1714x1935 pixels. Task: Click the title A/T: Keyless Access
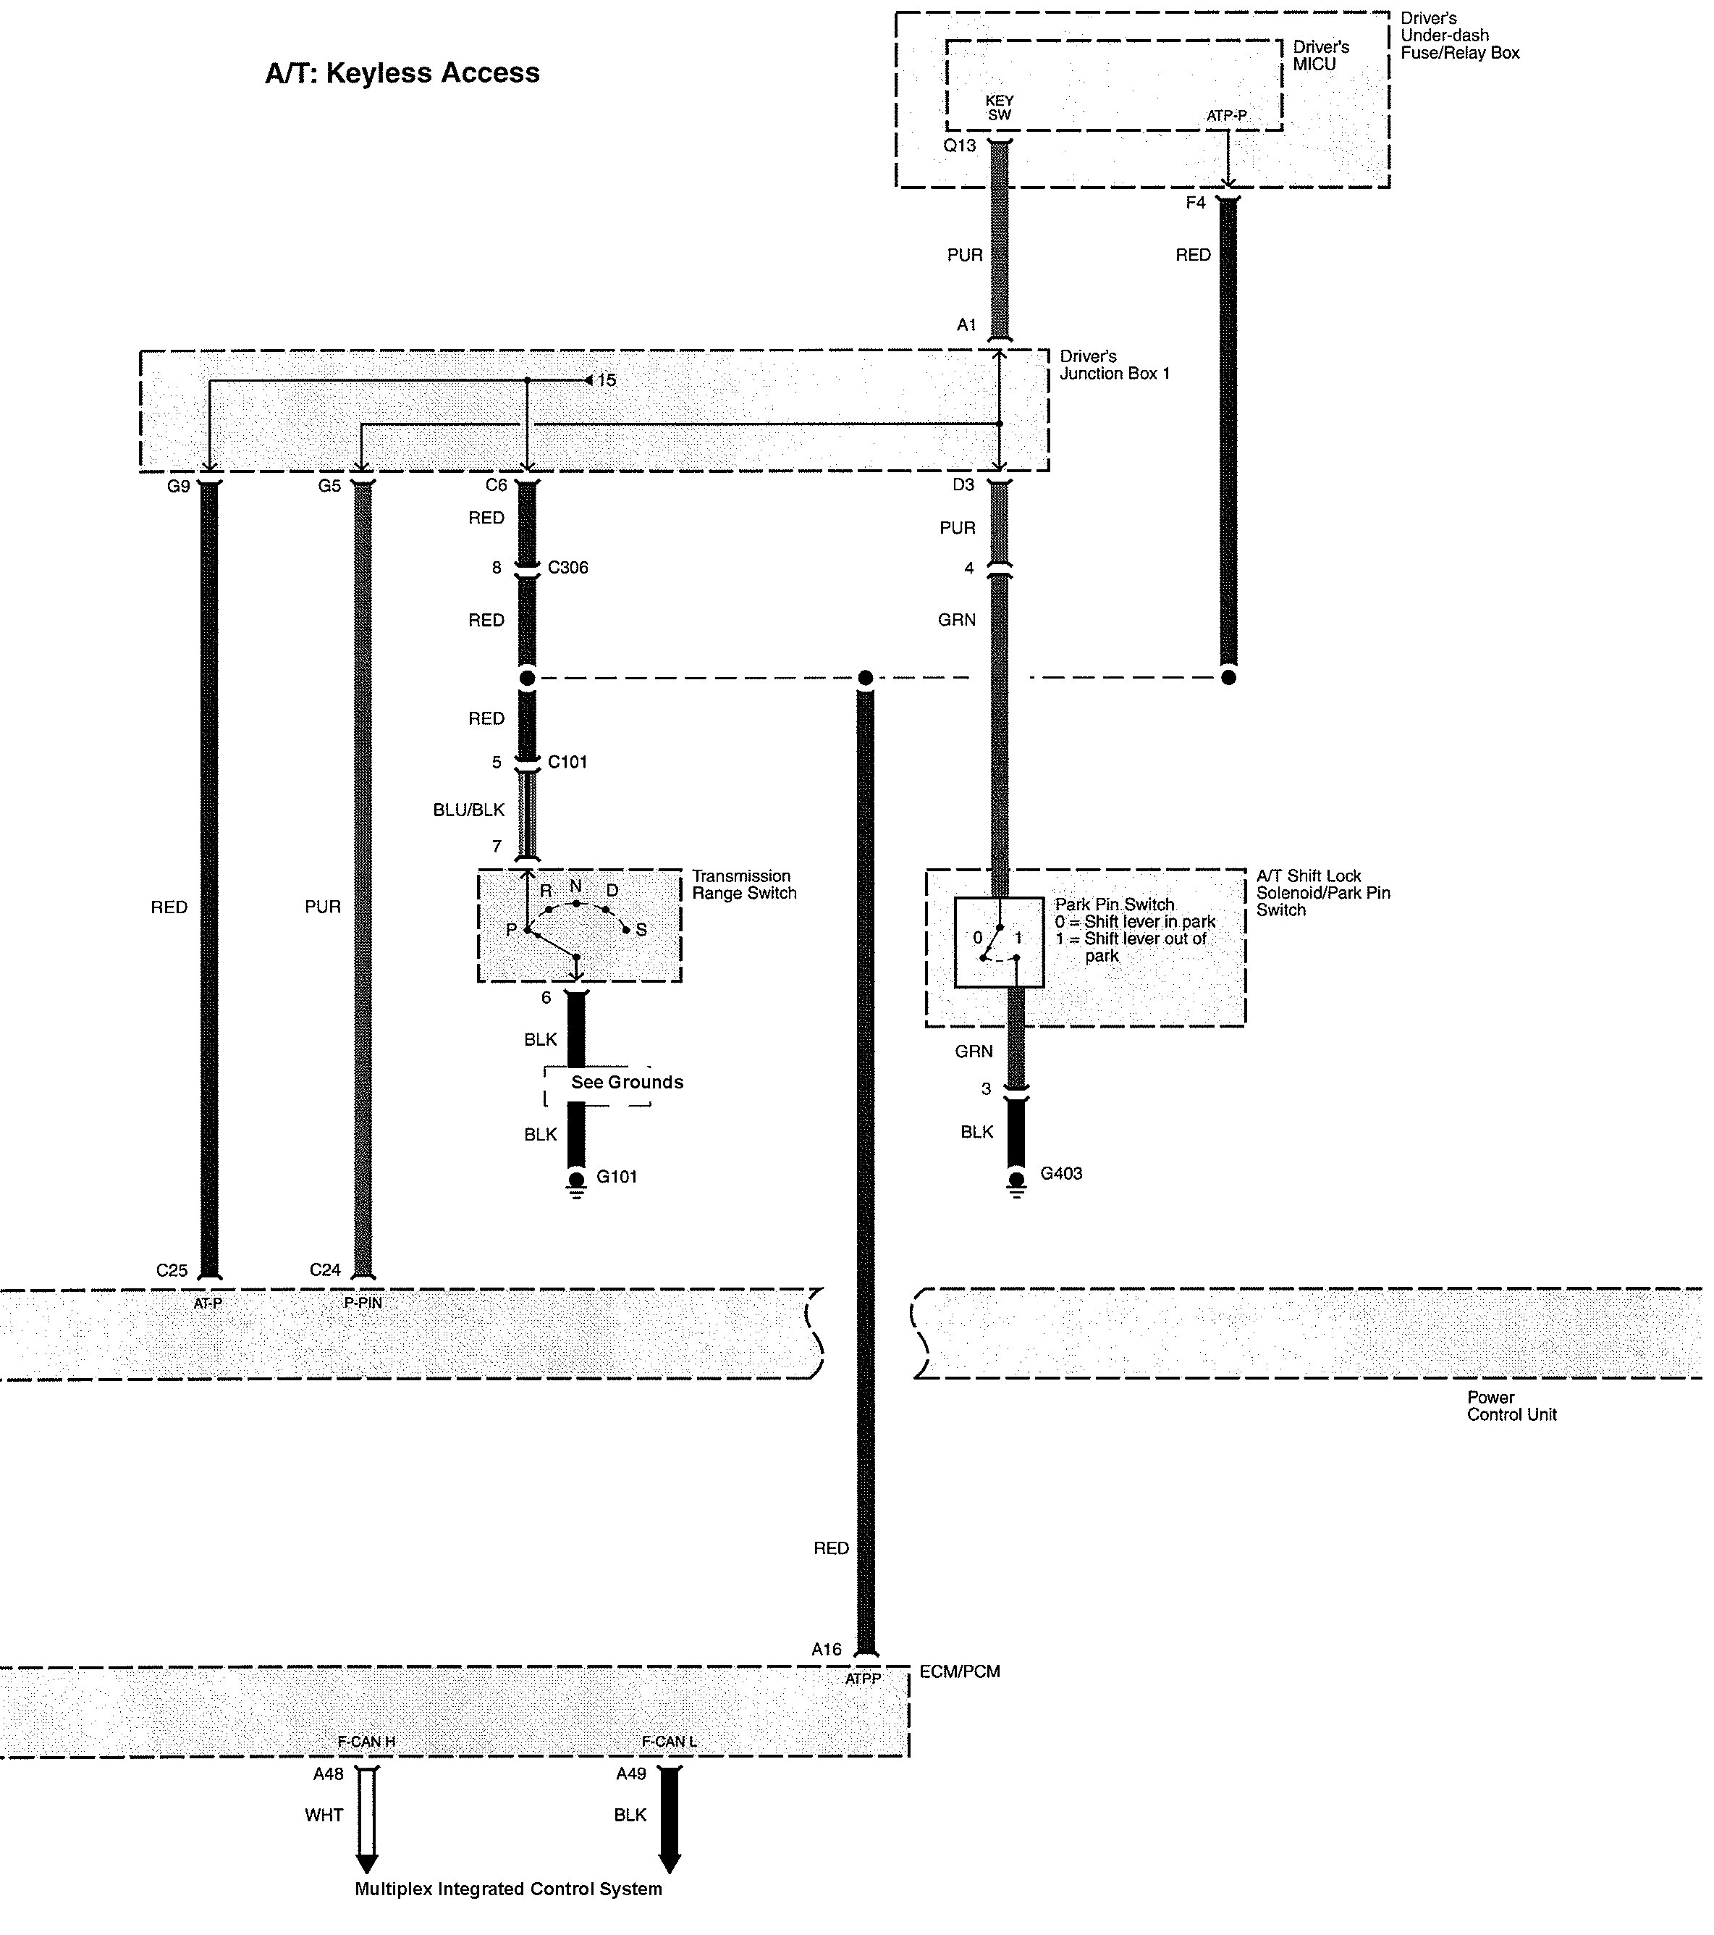(x=402, y=73)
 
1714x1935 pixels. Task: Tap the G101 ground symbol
(x=576, y=1183)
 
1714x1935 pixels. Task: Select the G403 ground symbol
(x=1016, y=1183)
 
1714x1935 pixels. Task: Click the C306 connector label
(x=568, y=568)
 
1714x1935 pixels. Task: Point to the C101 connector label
(x=568, y=762)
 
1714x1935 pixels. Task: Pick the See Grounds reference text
(x=627, y=1082)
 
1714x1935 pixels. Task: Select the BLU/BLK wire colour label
(x=470, y=810)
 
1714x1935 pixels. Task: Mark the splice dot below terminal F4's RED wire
(x=1228, y=678)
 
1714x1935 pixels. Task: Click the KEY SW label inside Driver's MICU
(x=1000, y=108)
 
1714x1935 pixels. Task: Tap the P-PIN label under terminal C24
(x=363, y=1303)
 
